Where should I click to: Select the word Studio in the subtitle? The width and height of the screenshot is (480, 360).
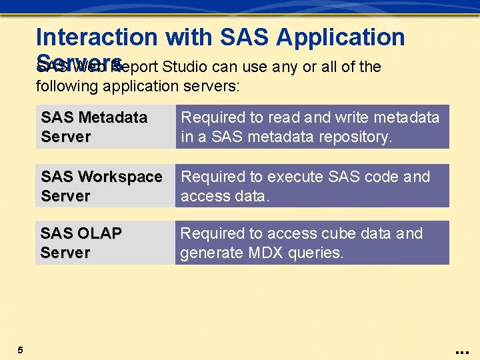[186, 67]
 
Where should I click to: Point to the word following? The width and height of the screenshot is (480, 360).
[69, 86]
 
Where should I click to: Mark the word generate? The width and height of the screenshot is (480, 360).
[209, 253]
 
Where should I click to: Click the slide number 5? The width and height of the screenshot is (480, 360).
[21, 350]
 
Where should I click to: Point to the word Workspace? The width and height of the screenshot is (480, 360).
[120, 177]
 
